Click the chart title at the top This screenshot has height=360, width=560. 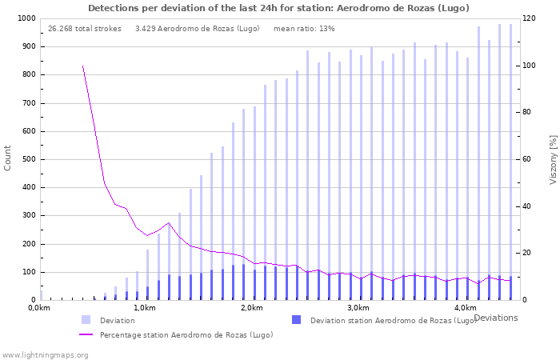point(278,8)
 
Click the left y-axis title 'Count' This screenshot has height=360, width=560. point(8,158)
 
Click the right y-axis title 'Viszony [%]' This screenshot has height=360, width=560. point(552,159)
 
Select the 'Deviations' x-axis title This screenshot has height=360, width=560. point(495,318)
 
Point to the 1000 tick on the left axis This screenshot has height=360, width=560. point(26,18)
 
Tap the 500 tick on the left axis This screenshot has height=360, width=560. point(28,159)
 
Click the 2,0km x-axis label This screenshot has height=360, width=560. point(251,308)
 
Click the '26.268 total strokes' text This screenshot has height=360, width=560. point(84,29)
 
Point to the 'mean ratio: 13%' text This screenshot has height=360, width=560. point(304,29)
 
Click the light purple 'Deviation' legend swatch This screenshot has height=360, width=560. point(86,320)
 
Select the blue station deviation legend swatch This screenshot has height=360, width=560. point(296,320)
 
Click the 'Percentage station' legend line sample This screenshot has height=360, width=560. point(86,334)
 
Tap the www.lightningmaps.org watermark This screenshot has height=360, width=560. point(45,354)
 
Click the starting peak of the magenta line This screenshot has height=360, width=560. point(82,66)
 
